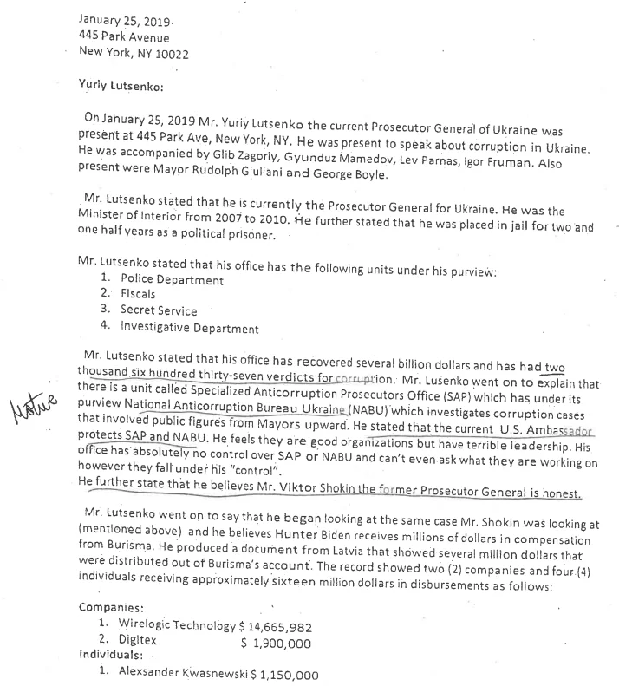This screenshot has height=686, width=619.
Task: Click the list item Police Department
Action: [172, 280]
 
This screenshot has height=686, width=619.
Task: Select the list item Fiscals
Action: [138, 295]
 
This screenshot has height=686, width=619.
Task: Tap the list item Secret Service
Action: [159, 310]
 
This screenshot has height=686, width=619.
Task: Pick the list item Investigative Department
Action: [189, 328]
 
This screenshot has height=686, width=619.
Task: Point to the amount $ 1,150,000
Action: [284, 674]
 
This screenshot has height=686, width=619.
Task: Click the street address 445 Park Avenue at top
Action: [124, 37]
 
